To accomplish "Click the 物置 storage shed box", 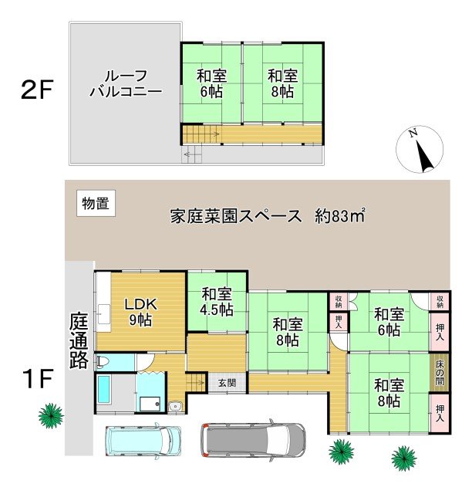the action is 96,203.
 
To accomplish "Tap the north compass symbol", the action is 420,149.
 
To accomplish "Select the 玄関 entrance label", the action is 228,383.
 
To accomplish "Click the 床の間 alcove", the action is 440,373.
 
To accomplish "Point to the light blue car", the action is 143,441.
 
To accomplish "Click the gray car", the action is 253,440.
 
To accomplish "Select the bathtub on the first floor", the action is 104,390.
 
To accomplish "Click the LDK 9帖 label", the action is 140,312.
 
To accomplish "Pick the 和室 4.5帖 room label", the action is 217,302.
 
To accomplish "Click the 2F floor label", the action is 36,90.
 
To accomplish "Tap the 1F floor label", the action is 37,378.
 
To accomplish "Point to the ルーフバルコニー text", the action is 126,83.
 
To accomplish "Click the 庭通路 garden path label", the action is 79,340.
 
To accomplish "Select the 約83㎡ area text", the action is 340,215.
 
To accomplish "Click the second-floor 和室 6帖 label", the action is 211,83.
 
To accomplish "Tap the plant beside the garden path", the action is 51,416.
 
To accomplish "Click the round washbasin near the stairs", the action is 175,407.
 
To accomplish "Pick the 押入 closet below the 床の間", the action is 440,413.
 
